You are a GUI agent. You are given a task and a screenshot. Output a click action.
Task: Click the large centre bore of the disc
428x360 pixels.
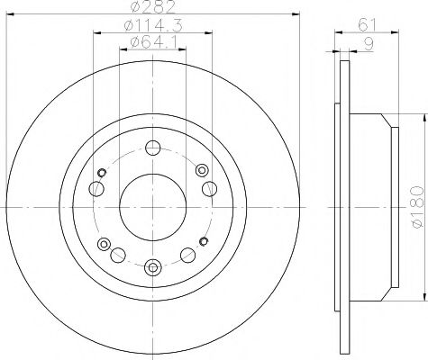click(x=153, y=205)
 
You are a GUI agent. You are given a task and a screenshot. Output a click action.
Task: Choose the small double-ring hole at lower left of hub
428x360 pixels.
click(x=104, y=243)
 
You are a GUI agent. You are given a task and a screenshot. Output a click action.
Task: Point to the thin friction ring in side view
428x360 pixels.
click(x=342, y=206)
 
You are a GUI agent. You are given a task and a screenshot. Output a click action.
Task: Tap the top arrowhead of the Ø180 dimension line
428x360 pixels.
click(x=424, y=113)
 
